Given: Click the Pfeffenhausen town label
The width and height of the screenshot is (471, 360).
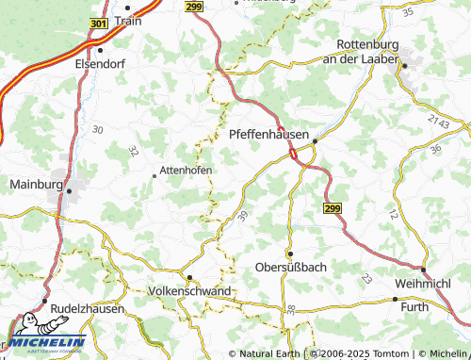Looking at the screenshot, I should pos(271,135).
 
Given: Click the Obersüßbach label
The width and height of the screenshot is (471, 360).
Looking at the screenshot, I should pos(291,268).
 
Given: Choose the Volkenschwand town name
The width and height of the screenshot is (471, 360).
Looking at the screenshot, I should pos(190,291).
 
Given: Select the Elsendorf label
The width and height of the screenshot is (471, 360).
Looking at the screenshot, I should pos(98,65).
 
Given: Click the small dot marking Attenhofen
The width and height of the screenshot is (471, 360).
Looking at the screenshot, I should pos(155,174).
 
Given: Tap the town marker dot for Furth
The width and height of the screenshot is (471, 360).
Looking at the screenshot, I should pos(395,299).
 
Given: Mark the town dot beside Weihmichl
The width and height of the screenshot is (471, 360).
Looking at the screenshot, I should pos(423,270).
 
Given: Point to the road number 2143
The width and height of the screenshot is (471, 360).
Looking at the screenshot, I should pos(438,121).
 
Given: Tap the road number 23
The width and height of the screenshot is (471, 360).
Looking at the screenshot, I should pos(365,279).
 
